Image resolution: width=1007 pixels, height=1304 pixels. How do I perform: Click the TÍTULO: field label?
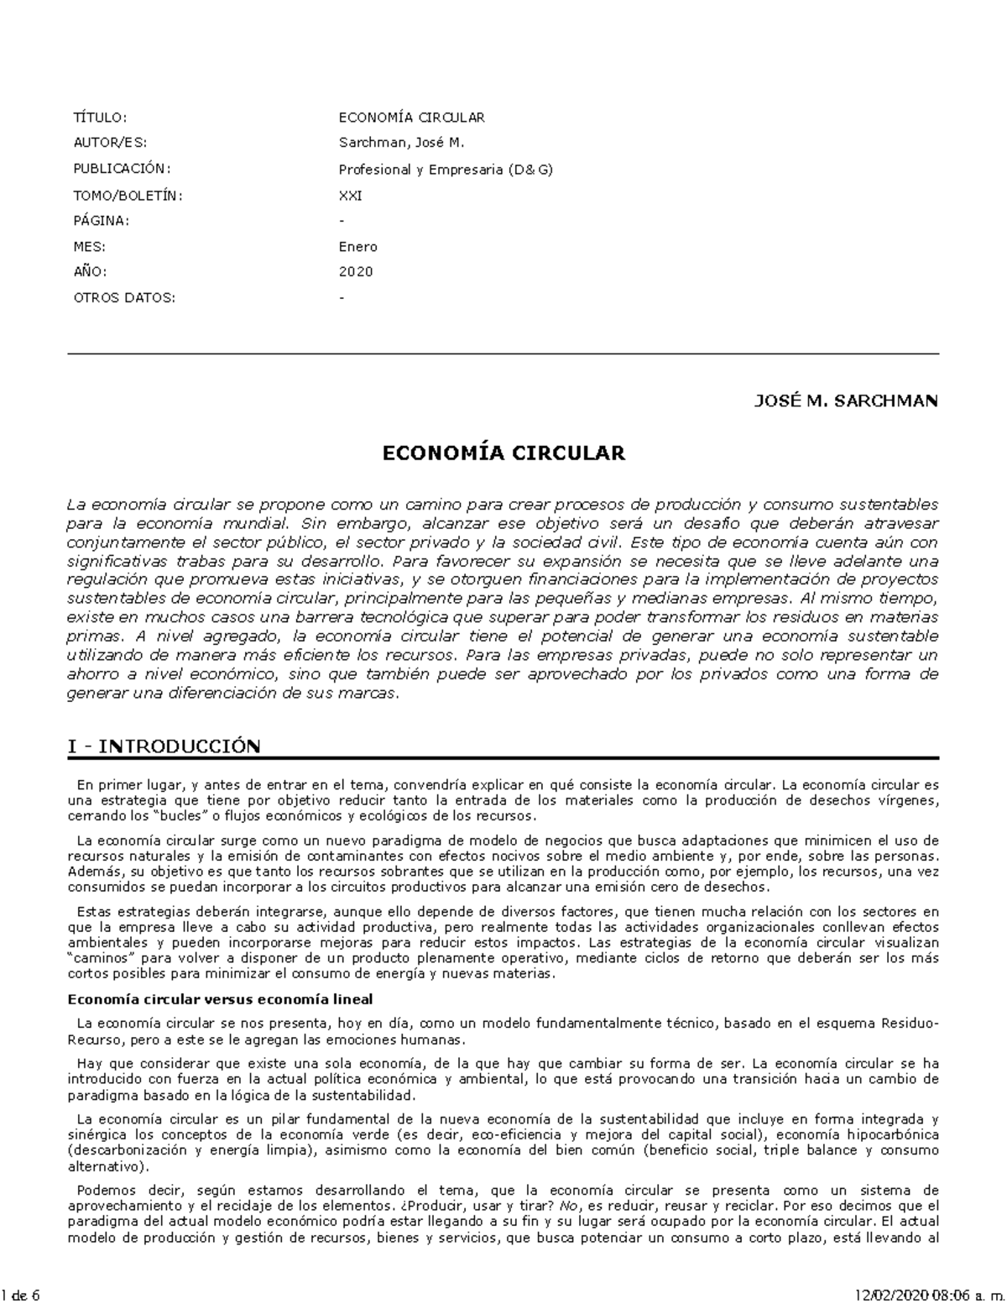click(x=100, y=118)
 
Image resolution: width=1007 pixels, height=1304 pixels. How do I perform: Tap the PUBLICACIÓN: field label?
click(x=122, y=169)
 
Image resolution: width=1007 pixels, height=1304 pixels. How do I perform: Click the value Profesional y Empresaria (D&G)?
click(x=446, y=170)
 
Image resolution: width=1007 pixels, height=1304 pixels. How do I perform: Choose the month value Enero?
click(x=357, y=247)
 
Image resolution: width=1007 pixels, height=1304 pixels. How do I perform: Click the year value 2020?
click(x=356, y=272)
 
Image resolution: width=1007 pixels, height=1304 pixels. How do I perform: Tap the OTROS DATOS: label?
click(x=124, y=298)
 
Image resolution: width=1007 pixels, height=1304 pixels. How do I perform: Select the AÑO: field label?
click(x=91, y=272)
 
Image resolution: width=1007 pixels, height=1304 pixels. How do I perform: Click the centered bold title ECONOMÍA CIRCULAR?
click(x=503, y=453)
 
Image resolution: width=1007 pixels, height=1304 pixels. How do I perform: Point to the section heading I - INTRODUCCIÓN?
click(x=164, y=746)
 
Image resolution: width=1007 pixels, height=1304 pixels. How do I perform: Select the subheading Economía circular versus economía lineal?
click(x=220, y=999)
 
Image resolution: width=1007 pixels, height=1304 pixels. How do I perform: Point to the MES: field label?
click(x=90, y=247)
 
